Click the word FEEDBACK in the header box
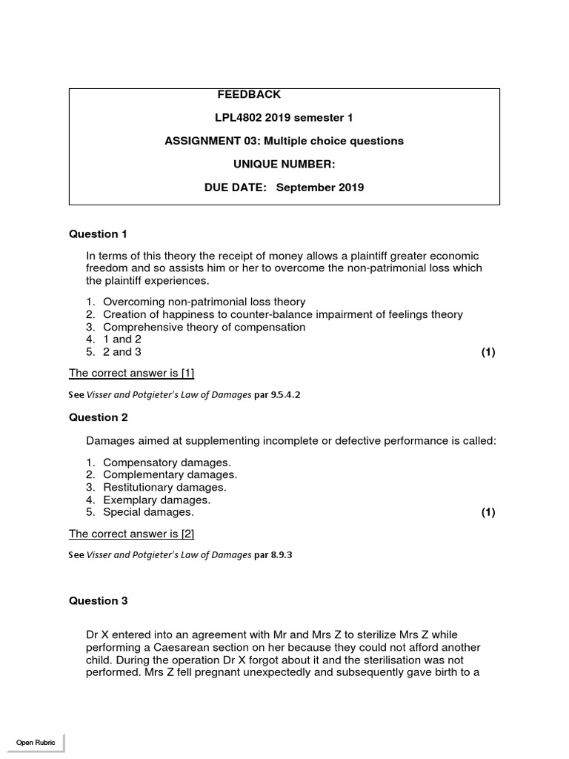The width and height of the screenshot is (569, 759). coord(249,94)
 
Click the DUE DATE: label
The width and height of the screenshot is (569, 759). coord(235,188)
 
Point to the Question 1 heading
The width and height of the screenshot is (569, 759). coord(98,234)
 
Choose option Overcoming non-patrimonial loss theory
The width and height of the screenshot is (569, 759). coord(204,302)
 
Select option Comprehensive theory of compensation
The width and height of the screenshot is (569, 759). coord(204,327)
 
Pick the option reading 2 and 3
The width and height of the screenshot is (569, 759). coord(122,352)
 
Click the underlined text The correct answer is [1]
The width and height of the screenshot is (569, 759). coord(131,373)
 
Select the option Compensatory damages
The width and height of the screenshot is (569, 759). coord(167,462)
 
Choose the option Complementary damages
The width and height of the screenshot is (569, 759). coord(170,474)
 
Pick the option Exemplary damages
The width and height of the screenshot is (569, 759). coord(156,500)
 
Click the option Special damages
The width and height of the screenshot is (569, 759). coord(148,512)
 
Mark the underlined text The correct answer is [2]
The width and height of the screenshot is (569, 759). coord(131,534)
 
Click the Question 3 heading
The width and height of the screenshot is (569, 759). coord(98,601)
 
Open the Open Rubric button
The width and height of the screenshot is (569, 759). coord(36,743)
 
